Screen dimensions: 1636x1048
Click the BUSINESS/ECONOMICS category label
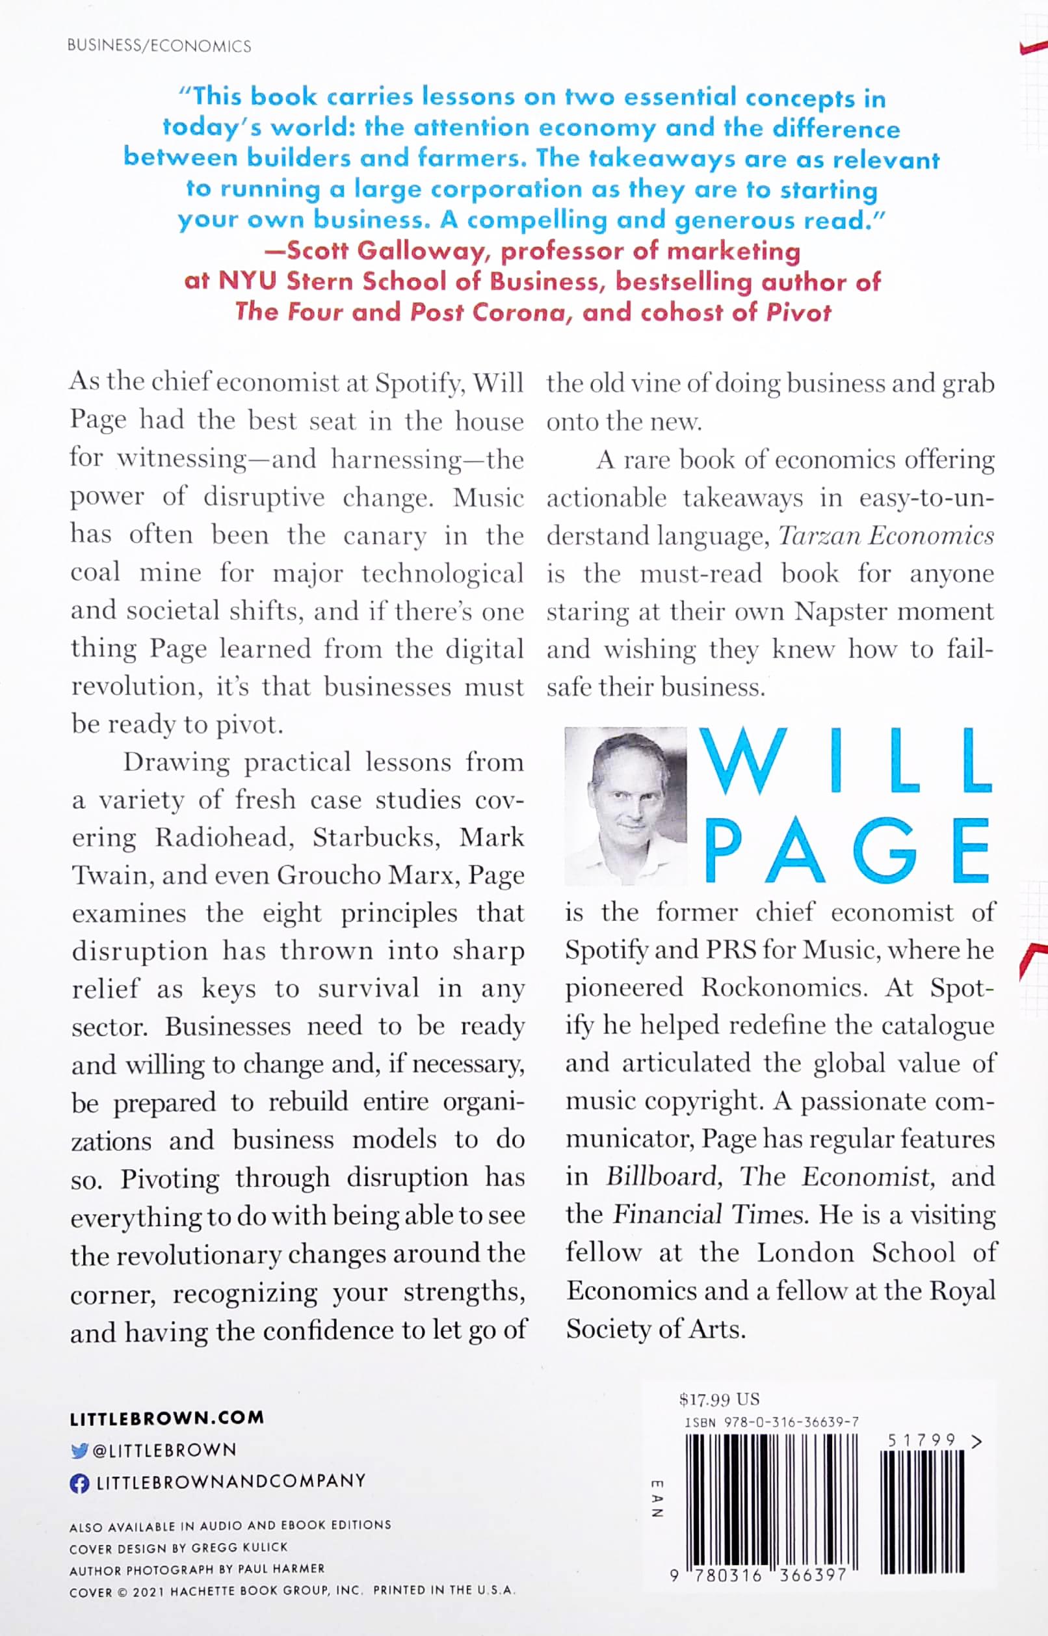[x=159, y=46]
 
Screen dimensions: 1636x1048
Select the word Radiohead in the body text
[x=224, y=837]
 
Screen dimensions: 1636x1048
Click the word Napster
[x=838, y=611]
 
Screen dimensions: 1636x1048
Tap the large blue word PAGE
[x=847, y=850]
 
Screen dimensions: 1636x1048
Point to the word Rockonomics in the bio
[x=783, y=988]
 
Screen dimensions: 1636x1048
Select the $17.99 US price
[x=719, y=1399]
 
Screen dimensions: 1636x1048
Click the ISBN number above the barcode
[x=772, y=1421]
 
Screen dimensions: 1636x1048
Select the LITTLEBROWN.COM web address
[x=166, y=1418]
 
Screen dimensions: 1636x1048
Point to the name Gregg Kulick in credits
[x=239, y=1547]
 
